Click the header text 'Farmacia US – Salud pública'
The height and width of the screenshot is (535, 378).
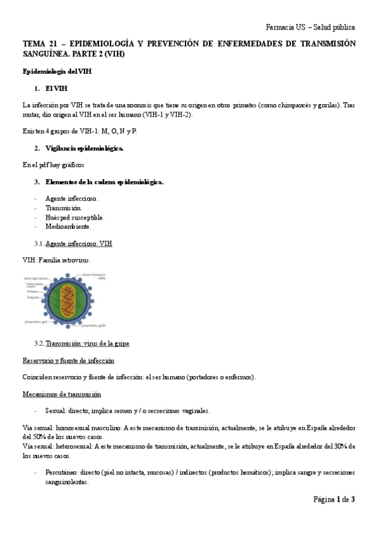pyautogui.click(x=310, y=28)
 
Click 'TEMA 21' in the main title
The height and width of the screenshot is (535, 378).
pyautogui.click(x=38, y=44)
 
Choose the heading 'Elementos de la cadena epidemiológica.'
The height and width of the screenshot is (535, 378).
pyautogui.click(x=104, y=182)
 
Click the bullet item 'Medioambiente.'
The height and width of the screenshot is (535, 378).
pyautogui.click(x=68, y=226)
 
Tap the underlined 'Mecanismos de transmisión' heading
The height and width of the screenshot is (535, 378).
pyautogui.click(x=61, y=394)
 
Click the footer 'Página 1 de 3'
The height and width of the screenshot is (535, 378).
pyautogui.click(x=334, y=500)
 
